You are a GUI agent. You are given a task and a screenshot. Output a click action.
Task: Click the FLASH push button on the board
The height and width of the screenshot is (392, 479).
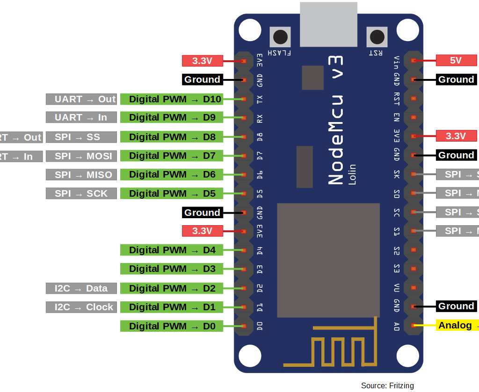[280, 37]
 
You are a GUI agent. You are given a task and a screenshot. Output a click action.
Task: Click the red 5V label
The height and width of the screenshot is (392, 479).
[456, 60]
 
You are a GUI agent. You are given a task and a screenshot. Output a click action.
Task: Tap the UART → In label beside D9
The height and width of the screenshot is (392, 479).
[80, 117]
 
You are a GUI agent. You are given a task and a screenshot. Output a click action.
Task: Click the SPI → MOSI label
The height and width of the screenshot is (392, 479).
[80, 156]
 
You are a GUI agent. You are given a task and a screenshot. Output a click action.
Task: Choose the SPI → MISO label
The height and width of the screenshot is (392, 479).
[80, 175]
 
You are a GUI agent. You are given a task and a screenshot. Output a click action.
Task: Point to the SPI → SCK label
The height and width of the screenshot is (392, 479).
[80, 193]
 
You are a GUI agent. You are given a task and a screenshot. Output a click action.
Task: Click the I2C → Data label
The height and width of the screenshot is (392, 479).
[80, 288]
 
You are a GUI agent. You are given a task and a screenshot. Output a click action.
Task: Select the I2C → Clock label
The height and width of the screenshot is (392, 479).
[80, 307]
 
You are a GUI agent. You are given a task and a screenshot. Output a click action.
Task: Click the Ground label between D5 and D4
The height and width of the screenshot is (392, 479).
[202, 213]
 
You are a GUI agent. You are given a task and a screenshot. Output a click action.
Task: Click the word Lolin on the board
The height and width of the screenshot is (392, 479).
[352, 174]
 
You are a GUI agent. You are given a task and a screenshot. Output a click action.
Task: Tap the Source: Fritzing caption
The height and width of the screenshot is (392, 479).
[387, 385]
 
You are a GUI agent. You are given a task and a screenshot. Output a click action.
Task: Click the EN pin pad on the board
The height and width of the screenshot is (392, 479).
[414, 117]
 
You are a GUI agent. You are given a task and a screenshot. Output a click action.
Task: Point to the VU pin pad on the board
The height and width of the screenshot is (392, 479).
[414, 287]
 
